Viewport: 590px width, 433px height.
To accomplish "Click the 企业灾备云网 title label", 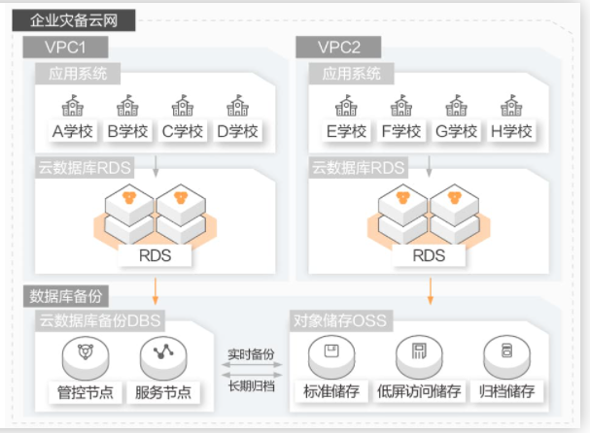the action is (74, 20).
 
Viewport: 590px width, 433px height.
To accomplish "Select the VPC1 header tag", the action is (65, 47).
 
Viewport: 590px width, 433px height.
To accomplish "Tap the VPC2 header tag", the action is (338, 47).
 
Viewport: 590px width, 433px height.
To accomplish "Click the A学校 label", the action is (73, 131).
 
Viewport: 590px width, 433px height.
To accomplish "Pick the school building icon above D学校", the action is (237, 106).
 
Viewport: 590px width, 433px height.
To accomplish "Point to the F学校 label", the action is (401, 131).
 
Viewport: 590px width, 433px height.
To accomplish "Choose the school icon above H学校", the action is (511, 106).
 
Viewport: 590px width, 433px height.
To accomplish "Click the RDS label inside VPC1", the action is (155, 255).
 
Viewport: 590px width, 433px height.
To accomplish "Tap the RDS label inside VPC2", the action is (429, 255).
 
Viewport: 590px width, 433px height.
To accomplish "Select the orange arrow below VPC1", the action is (155, 291).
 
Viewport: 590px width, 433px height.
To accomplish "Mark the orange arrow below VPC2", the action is (431, 291).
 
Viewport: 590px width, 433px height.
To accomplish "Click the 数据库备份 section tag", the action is (66, 296).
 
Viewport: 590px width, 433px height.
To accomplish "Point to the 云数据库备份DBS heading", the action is (100, 320).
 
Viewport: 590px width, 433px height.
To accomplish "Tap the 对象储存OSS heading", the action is (340, 320).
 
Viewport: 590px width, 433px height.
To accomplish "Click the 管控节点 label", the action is (86, 392).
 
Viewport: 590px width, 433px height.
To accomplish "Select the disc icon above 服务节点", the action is (163, 358).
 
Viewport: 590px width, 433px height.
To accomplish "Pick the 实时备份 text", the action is (252, 354).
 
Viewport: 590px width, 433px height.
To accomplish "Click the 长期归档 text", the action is (252, 386).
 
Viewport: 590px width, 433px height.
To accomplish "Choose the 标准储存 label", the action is (331, 391).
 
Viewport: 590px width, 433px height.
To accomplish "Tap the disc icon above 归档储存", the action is (506, 357).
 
